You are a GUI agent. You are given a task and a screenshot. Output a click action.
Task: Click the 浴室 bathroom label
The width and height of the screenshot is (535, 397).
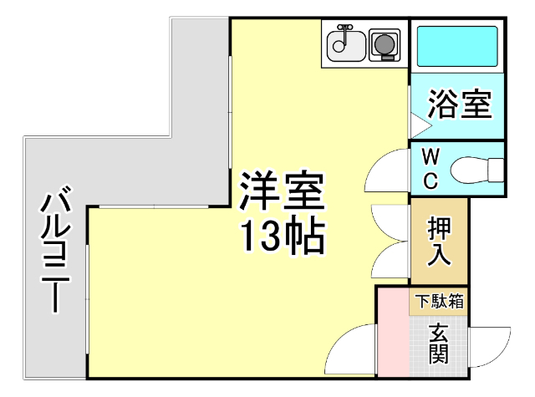click(458, 106)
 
